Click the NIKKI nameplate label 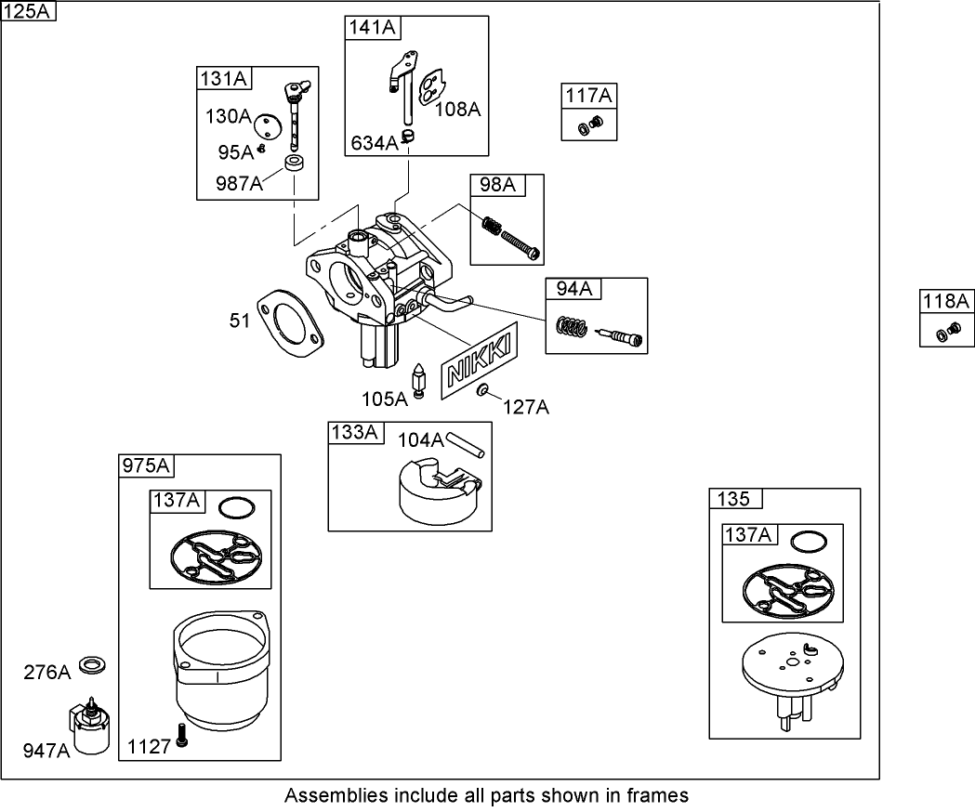(480, 361)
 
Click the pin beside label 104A (465, 443)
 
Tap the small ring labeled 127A (484, 392)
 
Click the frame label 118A (946, 300)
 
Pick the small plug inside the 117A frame (590, 125)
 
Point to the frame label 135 (733, 499)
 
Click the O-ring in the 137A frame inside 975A (237, 508)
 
